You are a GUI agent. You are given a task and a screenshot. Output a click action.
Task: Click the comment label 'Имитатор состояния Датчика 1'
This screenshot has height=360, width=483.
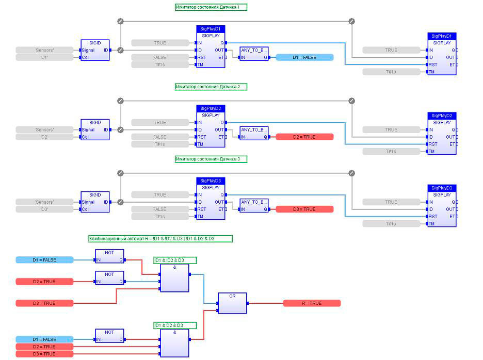[x=211, y=7]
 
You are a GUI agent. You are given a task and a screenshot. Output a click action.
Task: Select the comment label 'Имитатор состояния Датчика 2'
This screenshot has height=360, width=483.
[x=211, y=87]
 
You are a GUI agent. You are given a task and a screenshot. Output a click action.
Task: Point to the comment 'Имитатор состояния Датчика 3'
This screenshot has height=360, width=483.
[x=211, y=159]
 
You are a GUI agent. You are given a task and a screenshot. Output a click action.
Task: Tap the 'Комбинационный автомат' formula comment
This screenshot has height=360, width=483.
[x=160, y=239]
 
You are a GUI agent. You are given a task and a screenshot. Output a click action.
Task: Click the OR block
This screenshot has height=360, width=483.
[x=232, y=303]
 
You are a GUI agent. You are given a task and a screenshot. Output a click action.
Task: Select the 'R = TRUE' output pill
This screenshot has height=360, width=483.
[x=312, y=303]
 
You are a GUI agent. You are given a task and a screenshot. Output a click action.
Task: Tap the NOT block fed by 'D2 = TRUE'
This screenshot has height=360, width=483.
[x=109, y=278]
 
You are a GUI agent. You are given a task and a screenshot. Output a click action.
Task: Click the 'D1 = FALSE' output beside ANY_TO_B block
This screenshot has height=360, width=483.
[x=304, y=57]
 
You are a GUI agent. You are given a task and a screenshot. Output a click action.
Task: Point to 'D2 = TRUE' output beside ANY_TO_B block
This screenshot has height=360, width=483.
[x=304, y=137]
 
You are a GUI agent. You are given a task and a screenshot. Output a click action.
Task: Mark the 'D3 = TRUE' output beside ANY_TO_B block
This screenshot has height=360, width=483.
[x=304, y=209]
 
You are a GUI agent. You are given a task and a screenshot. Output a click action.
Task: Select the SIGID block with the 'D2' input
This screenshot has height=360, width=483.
[x=95, y=129]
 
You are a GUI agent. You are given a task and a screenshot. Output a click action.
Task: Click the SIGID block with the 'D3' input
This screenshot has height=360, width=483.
[x=95, y=202]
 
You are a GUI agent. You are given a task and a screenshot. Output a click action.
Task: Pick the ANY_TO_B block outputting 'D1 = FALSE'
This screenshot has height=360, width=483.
[x=254, y=54]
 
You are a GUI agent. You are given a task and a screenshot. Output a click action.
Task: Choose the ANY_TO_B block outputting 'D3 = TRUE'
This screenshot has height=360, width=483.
[x=254, y=206]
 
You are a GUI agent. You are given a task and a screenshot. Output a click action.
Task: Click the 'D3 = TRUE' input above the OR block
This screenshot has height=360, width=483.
[x=45, y=303]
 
